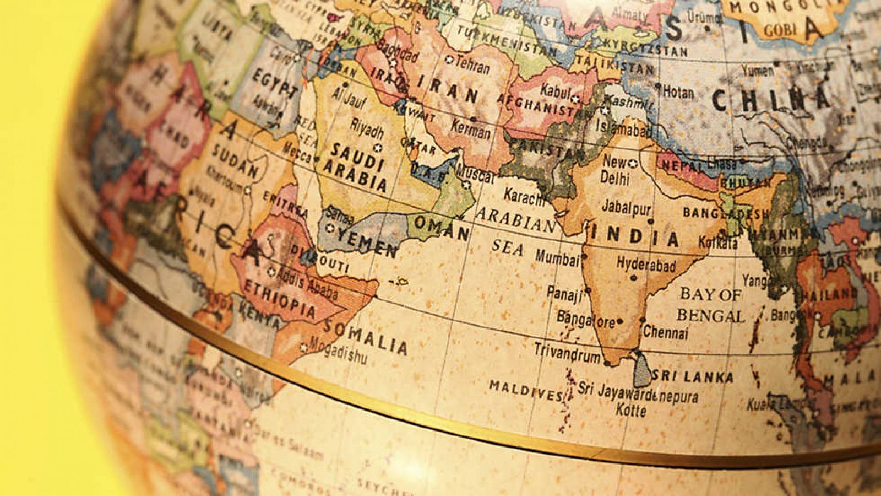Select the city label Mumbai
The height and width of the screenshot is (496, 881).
(557, 257)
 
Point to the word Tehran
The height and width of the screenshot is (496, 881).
(472, 66)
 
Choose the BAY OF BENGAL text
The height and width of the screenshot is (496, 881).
(710, 305)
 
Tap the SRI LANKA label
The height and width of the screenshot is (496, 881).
(693, 377)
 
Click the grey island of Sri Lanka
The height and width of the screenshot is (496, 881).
(642, 370)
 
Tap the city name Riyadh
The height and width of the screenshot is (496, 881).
(367, 130)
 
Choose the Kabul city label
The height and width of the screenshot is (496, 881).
(554, 90)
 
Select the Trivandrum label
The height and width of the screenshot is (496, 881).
(567, 353)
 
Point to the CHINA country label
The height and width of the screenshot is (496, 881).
(771, 99)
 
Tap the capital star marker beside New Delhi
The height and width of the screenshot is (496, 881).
(633, 164)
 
